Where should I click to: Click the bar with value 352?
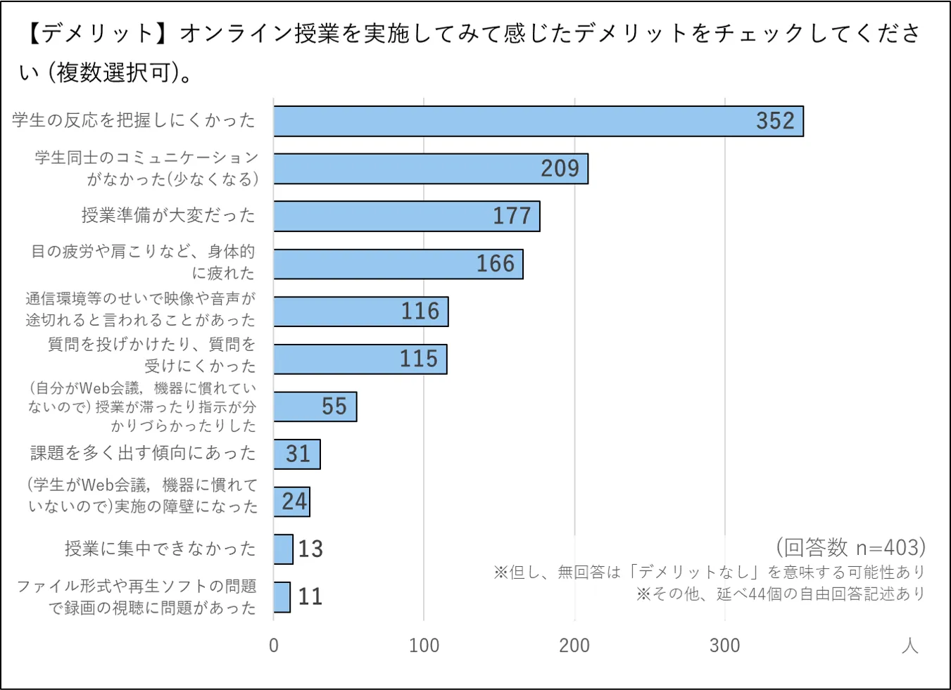click(539, 121)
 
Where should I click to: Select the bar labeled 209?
click(431, 169)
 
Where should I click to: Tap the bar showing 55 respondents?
click(315, 407)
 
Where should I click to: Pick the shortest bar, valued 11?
click(282, 597)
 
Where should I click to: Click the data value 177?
click(512, 216)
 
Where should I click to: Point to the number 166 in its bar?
click(496, 264)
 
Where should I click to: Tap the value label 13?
click(310, 549)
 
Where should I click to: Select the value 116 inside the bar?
click(420, 312)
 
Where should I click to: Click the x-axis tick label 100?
click(424, 646)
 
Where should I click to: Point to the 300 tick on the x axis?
click(724, 646)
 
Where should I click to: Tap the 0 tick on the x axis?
click(274, 646)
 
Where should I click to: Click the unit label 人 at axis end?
click(909, 646)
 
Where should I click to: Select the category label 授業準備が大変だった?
click(168, 216)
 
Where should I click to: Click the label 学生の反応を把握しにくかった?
click(134, 121)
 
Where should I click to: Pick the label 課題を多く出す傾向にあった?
click(143, 454)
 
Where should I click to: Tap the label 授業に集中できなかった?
click(160, 549)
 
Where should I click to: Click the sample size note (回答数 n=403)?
click(850, 547)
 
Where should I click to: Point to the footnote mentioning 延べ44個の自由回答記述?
click(780, 594)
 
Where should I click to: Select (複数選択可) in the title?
click(113, 72)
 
